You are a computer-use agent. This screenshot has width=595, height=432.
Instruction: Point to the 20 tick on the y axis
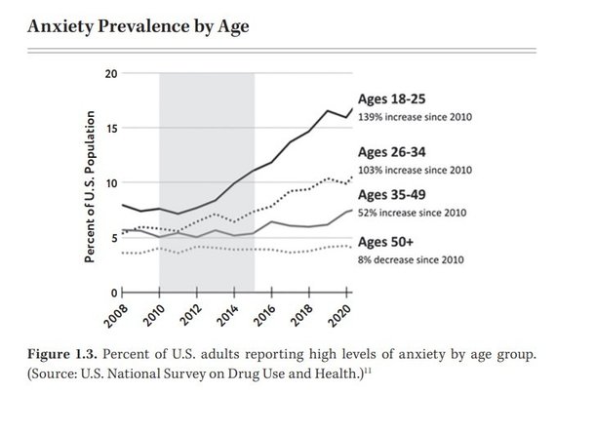pyautogui.click(x=111, y=74)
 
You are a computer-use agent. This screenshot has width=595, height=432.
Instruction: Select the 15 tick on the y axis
pyautogui.click(x=111, y=129)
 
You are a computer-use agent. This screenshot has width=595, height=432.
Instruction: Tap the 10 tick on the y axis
pyautogui.click(x=111, y=183)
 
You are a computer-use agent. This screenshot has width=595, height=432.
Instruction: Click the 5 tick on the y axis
pyautogui.click(x=114, y=238)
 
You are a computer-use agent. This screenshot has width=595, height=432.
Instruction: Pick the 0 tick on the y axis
pyautogui.click(x=114, y=292)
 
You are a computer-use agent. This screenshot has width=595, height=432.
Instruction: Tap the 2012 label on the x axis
pyautogui.click(x=193, y=315)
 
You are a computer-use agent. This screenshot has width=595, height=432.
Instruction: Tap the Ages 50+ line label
pyautogui.click(x=387, y=242)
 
